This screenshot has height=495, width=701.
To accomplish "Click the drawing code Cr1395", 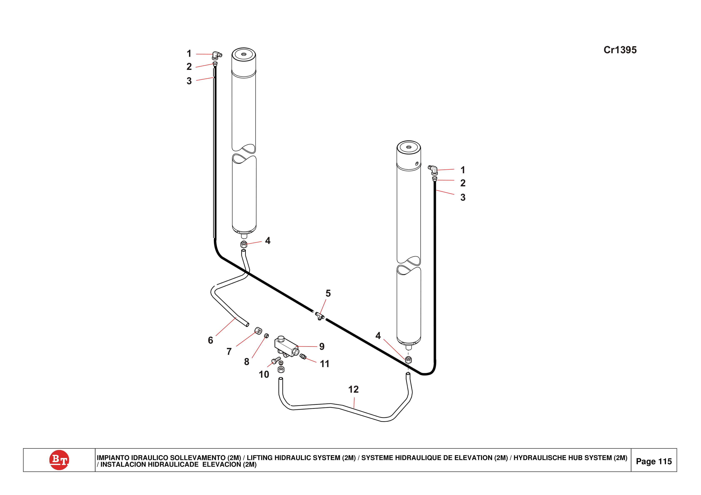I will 620,50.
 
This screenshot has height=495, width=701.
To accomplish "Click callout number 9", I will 322,346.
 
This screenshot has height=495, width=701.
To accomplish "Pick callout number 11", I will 324,364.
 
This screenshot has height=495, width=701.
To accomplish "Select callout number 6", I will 210,340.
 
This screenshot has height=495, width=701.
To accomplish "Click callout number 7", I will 229,351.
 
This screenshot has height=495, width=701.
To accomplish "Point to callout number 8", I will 246,362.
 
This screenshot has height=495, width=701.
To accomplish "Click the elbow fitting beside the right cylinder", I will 433,170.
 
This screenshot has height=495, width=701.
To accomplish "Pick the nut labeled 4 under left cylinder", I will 244,244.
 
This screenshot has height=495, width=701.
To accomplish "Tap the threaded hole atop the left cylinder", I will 244,54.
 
